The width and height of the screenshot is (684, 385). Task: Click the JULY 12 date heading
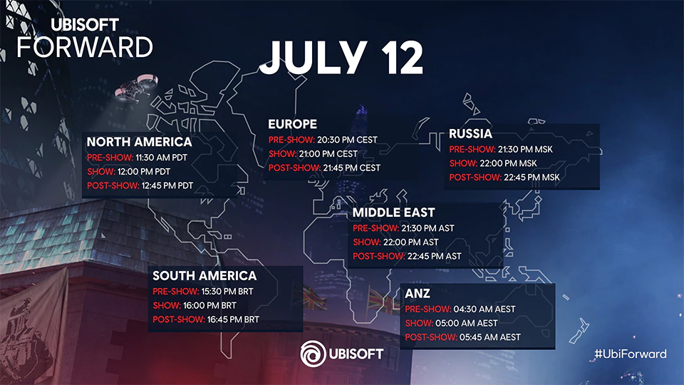[341, 57]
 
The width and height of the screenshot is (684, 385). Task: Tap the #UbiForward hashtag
[631, 354]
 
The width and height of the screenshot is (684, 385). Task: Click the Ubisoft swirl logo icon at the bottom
[313, 354]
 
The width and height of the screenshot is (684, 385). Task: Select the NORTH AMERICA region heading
[139, 142]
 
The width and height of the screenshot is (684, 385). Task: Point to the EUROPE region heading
[292, 124]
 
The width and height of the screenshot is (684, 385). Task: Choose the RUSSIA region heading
[470, 133]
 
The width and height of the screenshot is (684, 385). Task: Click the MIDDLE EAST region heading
[393, 212]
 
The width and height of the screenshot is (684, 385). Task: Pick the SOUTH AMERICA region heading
[204, 276]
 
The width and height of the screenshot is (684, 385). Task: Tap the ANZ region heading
[418, 293]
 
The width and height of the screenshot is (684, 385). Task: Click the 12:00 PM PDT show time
[144, 172]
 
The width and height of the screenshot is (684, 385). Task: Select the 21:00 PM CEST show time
[328, 154]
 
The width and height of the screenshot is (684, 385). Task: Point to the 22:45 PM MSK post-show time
[532, 178]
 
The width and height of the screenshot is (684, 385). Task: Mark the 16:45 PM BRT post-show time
[233, 319]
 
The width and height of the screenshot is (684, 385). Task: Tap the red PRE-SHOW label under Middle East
[375, 228]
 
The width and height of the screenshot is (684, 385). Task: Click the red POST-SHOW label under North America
[113, 185]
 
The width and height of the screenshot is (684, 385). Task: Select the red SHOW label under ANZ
[419, 323]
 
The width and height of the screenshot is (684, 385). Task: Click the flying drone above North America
[136, 87]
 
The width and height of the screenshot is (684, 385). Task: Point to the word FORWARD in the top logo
[85, 47]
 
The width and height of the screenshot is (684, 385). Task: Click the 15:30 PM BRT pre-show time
[227, 291]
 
